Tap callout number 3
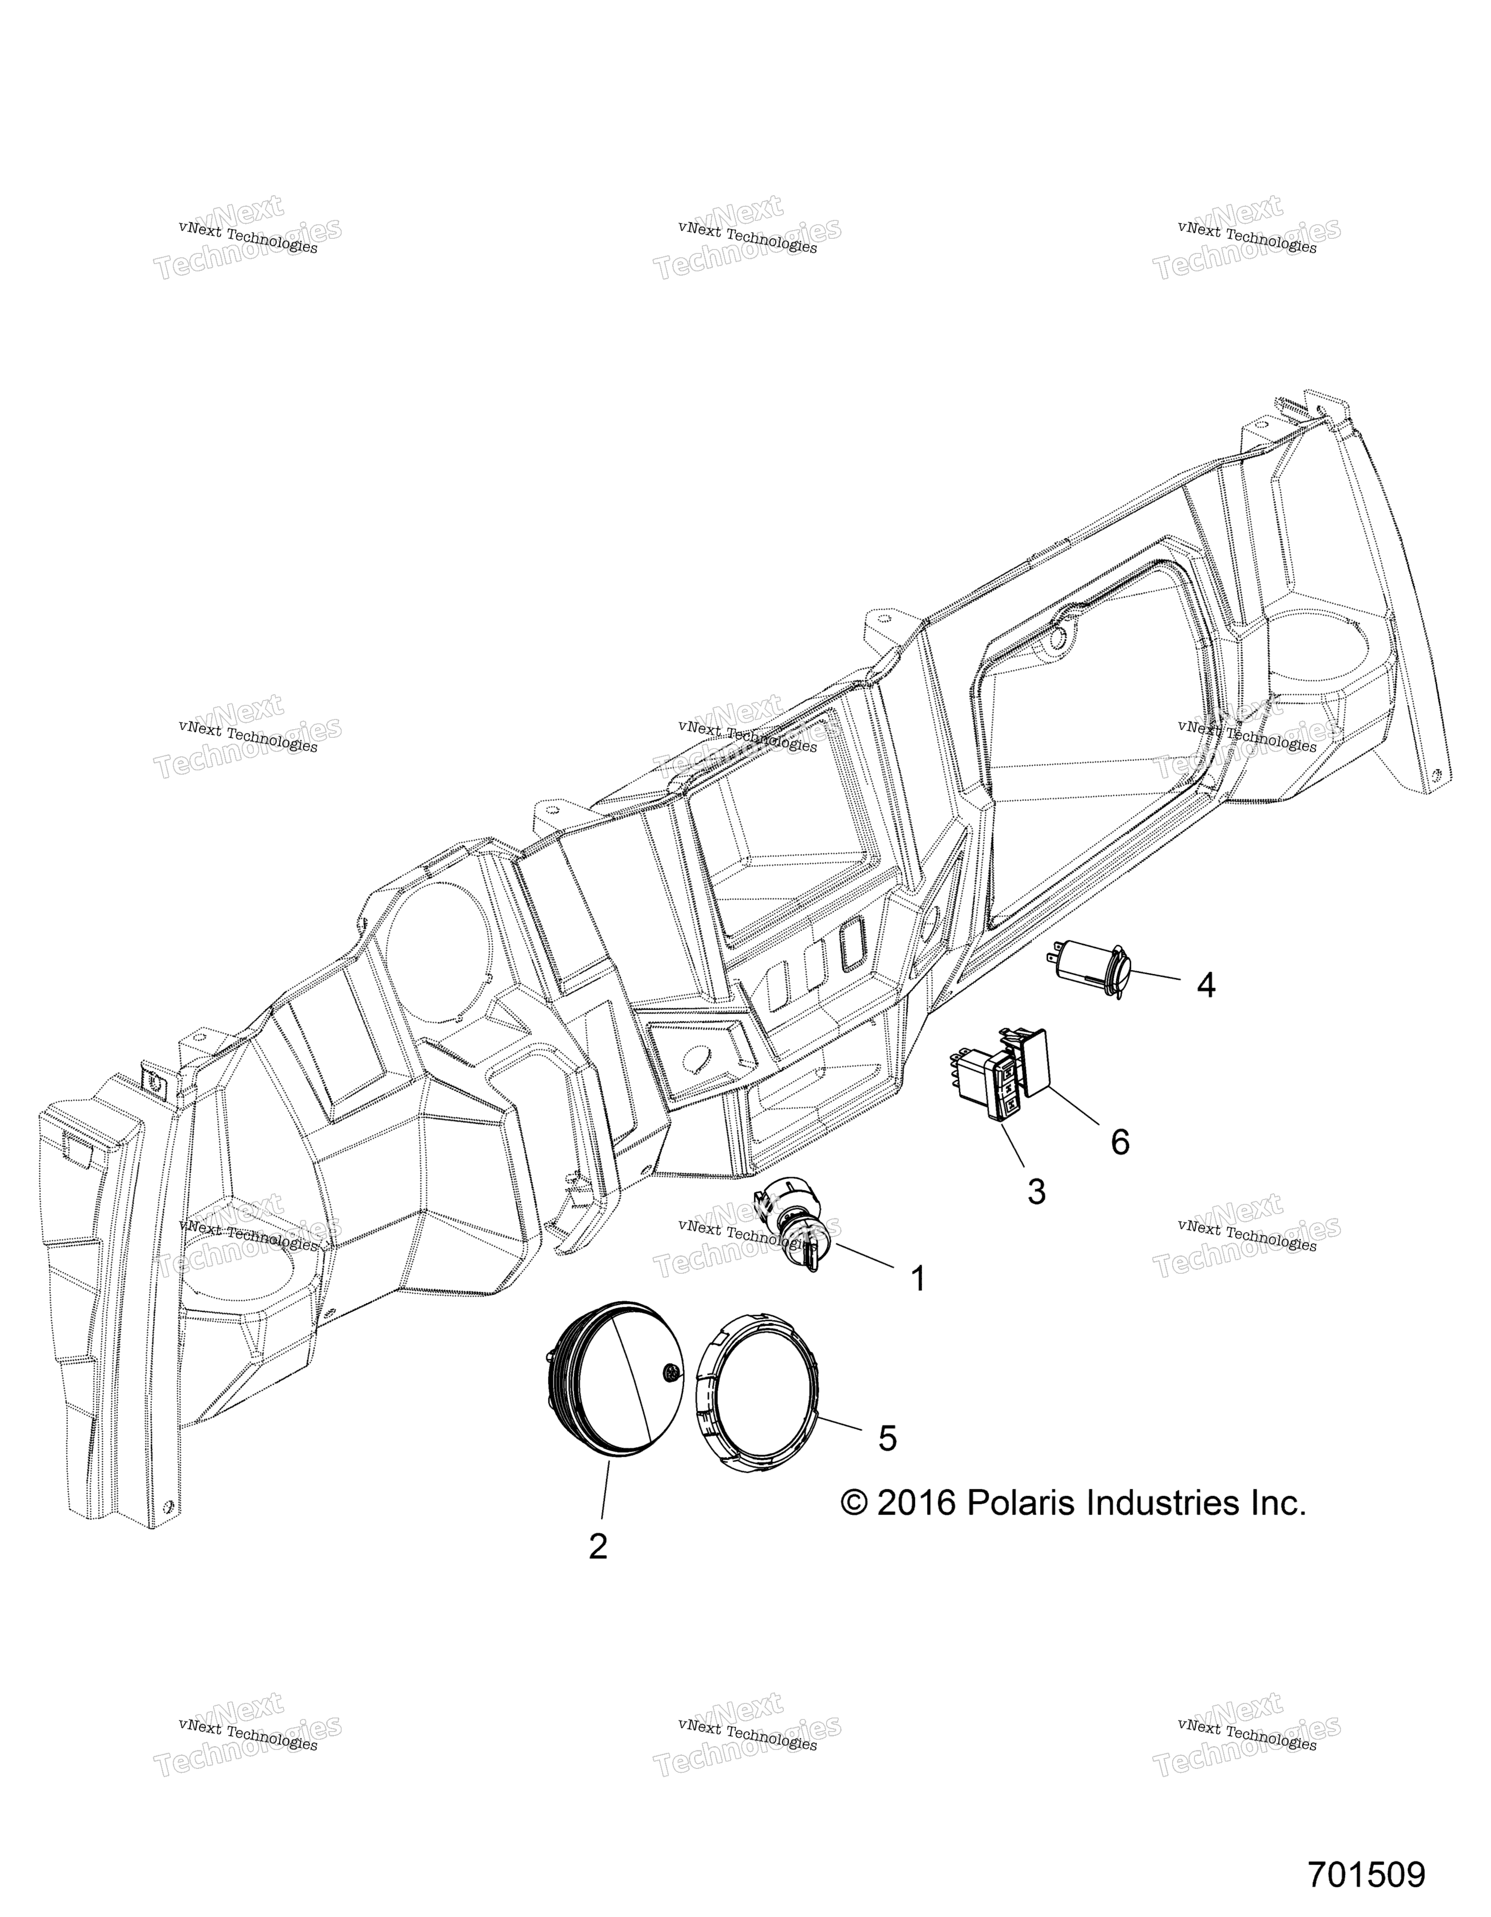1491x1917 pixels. click(x=1036, y=1192)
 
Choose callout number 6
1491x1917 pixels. click(x=1120, y=1142)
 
